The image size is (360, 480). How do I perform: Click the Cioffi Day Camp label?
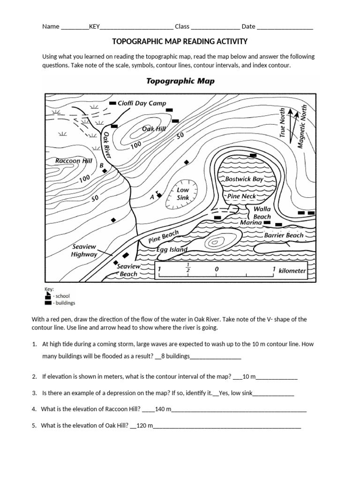[142, 103]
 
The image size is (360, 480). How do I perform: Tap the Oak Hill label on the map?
[154, 128]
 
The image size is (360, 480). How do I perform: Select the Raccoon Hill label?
[74, 160]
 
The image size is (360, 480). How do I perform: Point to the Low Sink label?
[182, 194]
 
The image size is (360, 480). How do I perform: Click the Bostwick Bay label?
[244, 179]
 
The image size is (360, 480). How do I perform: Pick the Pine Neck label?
[241, 196]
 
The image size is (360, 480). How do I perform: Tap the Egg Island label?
[171, 250]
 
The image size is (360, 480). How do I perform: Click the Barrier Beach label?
[284, 235]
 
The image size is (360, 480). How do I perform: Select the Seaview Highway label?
[84, 250]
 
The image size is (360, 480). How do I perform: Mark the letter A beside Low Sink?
[152, 198]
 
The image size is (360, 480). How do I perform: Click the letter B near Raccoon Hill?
[101, 165]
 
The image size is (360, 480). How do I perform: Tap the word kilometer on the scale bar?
[292, 270]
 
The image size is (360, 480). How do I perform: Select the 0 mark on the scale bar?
[216, 270]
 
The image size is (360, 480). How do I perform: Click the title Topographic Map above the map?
[180, 81]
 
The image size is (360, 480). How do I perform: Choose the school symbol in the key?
[47, 296]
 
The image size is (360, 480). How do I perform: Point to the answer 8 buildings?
[175, 356]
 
